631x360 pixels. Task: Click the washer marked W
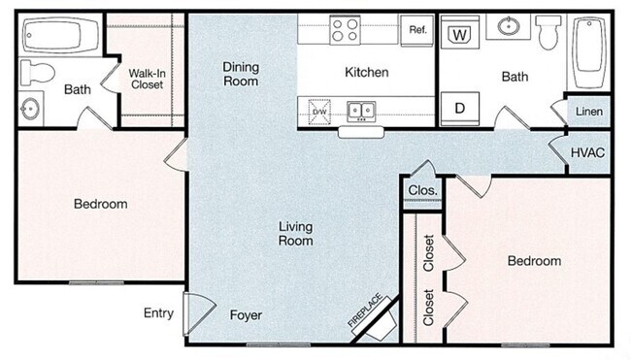pos(460,34)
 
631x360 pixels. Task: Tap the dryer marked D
pos(460,107)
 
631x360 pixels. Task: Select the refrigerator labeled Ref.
pos(417,30)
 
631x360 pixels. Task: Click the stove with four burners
pos(344,29)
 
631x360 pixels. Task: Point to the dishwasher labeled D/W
pos(319,111)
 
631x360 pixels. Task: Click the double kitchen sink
pos(362,111)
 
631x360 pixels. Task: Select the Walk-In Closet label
pos(146,78)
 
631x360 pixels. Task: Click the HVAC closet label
pos(588,153)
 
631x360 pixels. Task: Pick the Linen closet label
pos(588,113)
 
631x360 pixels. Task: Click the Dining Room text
pos(241,74)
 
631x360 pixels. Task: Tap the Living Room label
pos(295,234)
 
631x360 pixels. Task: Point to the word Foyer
pos(246,315)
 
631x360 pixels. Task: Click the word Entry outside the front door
pos(159,312)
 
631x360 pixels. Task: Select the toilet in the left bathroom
pos(35,71)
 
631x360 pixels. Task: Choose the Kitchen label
pos(367,72)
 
